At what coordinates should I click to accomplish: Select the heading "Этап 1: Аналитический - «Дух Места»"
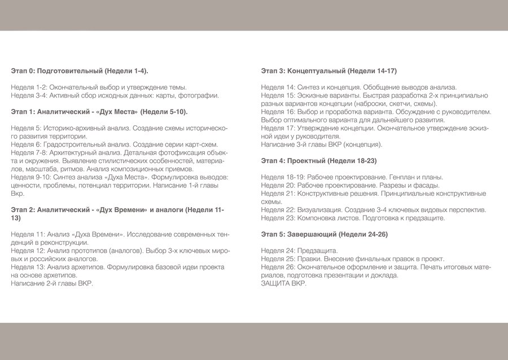[99, 112]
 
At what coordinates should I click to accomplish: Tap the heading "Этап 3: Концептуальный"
[329, 71]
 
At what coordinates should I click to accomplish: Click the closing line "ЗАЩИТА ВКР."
[284, 283]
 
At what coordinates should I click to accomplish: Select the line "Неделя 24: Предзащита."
[299, 251]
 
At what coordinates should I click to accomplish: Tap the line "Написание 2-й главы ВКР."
[52, 283]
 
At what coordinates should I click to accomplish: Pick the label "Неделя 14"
[278, 87]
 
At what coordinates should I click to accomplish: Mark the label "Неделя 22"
[278, 209]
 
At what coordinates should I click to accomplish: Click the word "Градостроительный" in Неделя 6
[82, 144]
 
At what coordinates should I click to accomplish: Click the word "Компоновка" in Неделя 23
[320, 218]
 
